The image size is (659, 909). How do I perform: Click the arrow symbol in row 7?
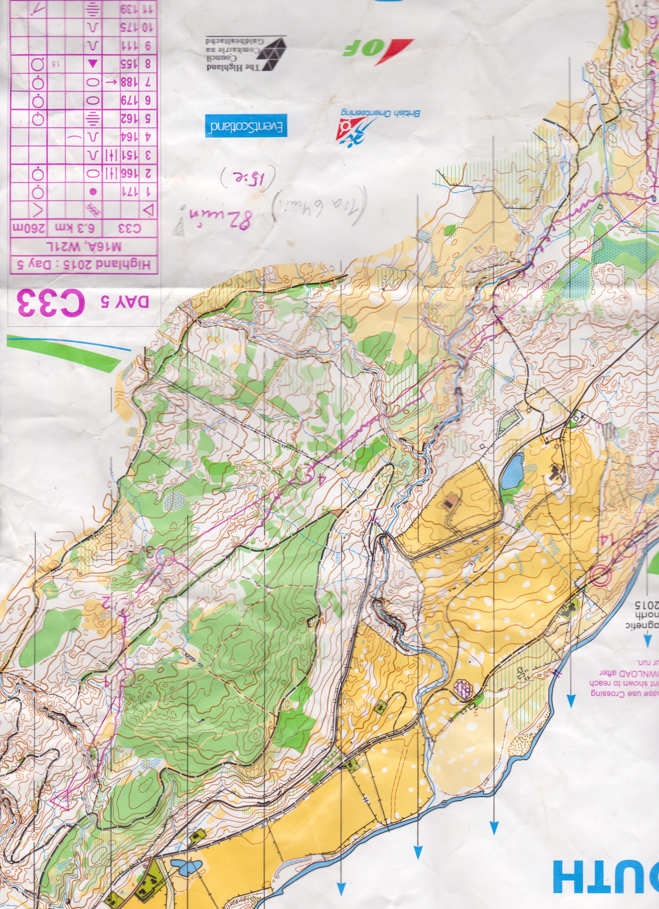[x=111, y=82]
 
